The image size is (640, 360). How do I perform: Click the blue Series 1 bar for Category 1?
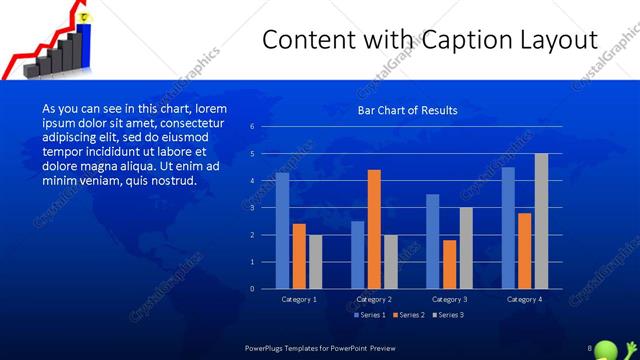click(283, 231)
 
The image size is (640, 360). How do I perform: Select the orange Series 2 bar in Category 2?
click(374, 229)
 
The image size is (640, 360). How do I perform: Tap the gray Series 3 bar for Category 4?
click(541, 221)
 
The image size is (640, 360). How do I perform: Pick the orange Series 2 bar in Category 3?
click(449, 264)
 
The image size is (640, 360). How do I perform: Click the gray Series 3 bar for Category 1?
click(316, 262)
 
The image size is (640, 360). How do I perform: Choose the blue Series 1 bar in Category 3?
click(433, 241)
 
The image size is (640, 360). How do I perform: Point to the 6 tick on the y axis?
click(252, 126)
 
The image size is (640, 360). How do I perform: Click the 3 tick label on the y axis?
click(252, 207)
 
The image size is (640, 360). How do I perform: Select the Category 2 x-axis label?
click(373, 299)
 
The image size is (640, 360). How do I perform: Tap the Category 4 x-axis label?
click(525, 299)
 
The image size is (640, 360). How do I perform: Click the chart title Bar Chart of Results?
click(408, 110)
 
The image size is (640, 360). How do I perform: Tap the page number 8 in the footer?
click(590, 346)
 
